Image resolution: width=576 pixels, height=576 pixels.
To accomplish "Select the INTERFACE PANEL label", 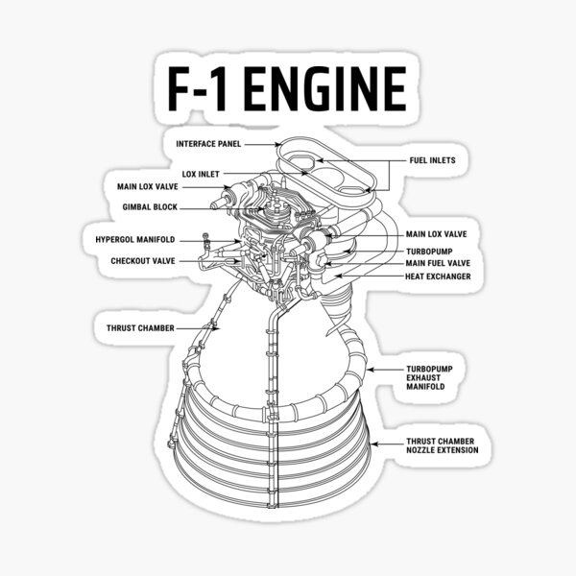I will [207, 144].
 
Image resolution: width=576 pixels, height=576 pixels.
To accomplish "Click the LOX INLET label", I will [203, 174].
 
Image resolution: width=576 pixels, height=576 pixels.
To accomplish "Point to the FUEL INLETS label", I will [432, 160].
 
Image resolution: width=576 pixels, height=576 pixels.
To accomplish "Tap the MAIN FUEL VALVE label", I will [437, 263].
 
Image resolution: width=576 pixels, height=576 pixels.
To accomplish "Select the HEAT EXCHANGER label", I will [437, 276].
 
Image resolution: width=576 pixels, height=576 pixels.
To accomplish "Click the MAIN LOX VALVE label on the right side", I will [437, 233].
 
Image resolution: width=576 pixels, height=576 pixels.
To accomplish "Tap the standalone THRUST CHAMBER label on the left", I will [140, 327].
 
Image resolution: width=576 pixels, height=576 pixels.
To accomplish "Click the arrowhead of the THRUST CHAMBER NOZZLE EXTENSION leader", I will [373, 443].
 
